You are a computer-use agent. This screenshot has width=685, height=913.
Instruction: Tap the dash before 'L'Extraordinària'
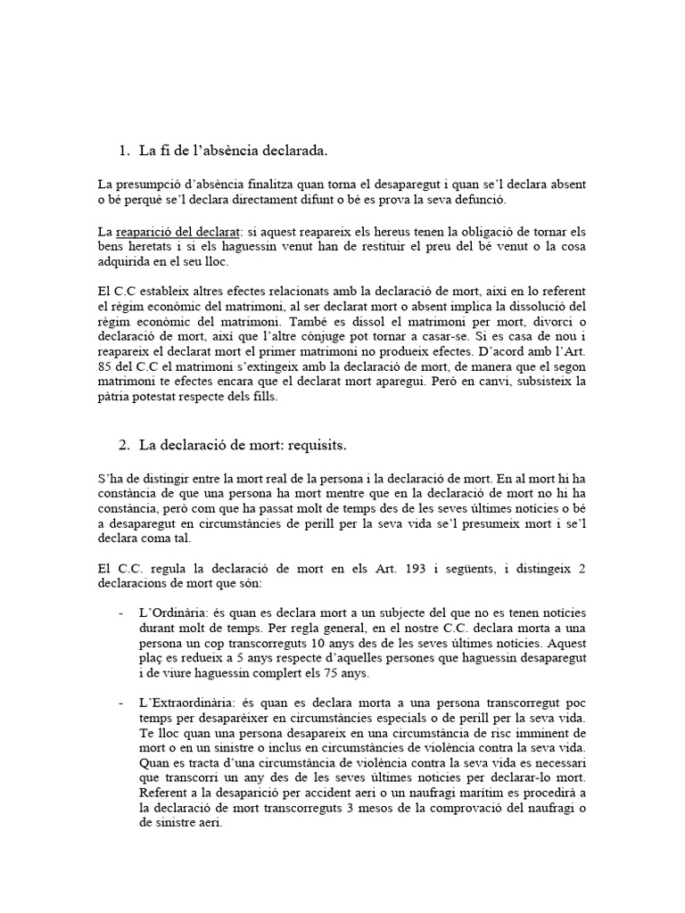pos(120,705)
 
